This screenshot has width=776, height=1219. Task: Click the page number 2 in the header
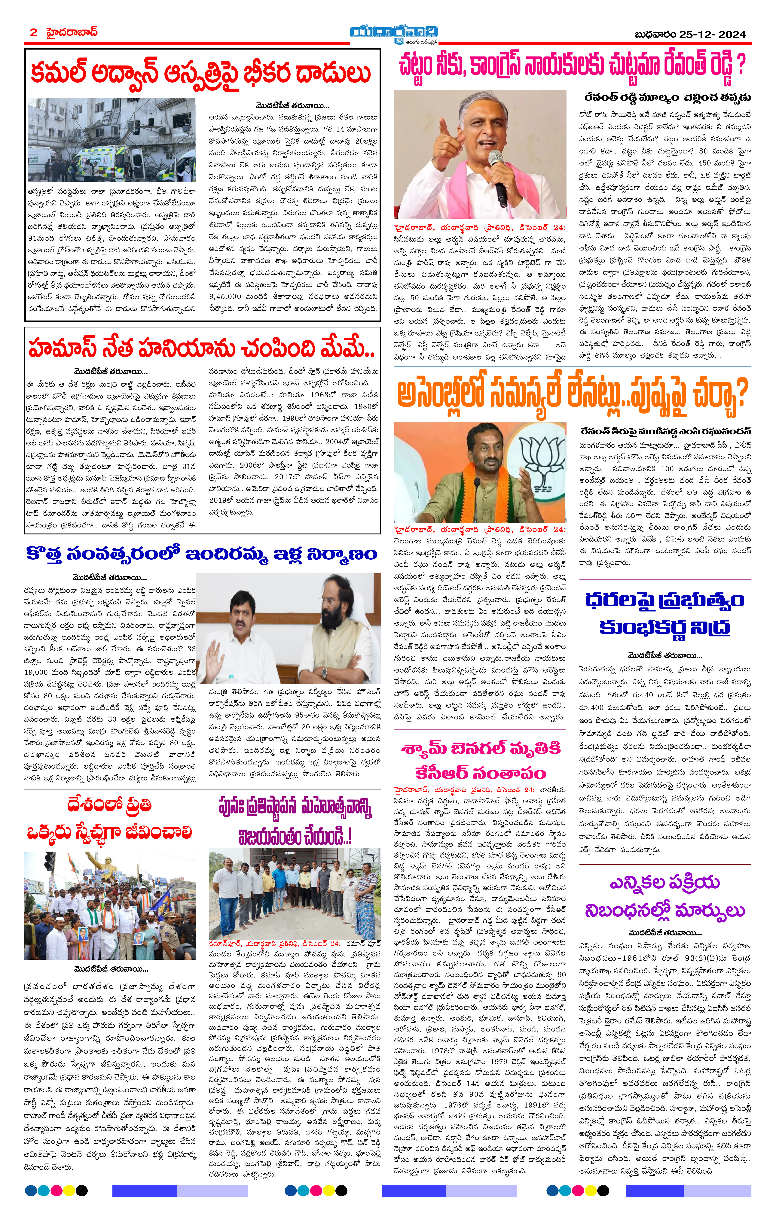coord(33,32)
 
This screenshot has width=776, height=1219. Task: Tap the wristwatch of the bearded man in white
coord(323,673)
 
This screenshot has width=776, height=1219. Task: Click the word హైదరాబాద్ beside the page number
coord(71,32)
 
